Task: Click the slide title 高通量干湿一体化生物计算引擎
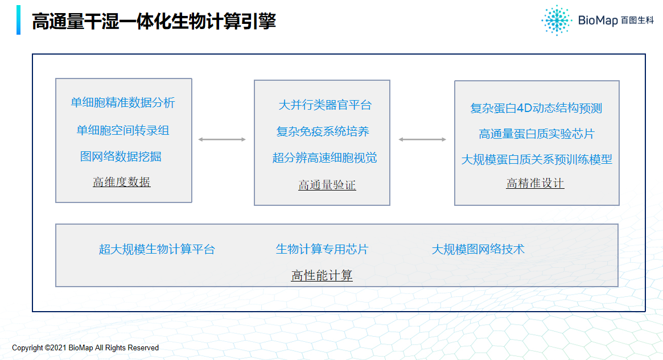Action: tap(154, 21)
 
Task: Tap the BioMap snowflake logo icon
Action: tap(557, 20)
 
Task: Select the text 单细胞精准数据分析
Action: tap(122, 103)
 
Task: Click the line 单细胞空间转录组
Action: tap(122, 130)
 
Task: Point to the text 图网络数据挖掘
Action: tap(121, 156)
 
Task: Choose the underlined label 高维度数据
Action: tap(122, 182)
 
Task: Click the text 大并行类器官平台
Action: tap(325, 105)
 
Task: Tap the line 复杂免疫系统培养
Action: tap(323, 131)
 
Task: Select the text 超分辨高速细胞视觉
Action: tap(325, 158)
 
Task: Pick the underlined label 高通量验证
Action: tap(327, 185)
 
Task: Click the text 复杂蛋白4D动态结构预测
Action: tap(536, 108)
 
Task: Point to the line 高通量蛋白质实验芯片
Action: tap(537, 134)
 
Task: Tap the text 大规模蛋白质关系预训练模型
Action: tap(537, 159)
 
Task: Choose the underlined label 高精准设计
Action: tap(536, 183)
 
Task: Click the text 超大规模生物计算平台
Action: tap(157, 249)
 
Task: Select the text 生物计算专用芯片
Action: tap(322, 249)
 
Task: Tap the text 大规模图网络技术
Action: tap(478, 249)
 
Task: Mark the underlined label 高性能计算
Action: tap(322, 275)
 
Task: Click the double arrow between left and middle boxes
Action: tap(222, 139)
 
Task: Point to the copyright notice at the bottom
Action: tap(85, 347)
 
